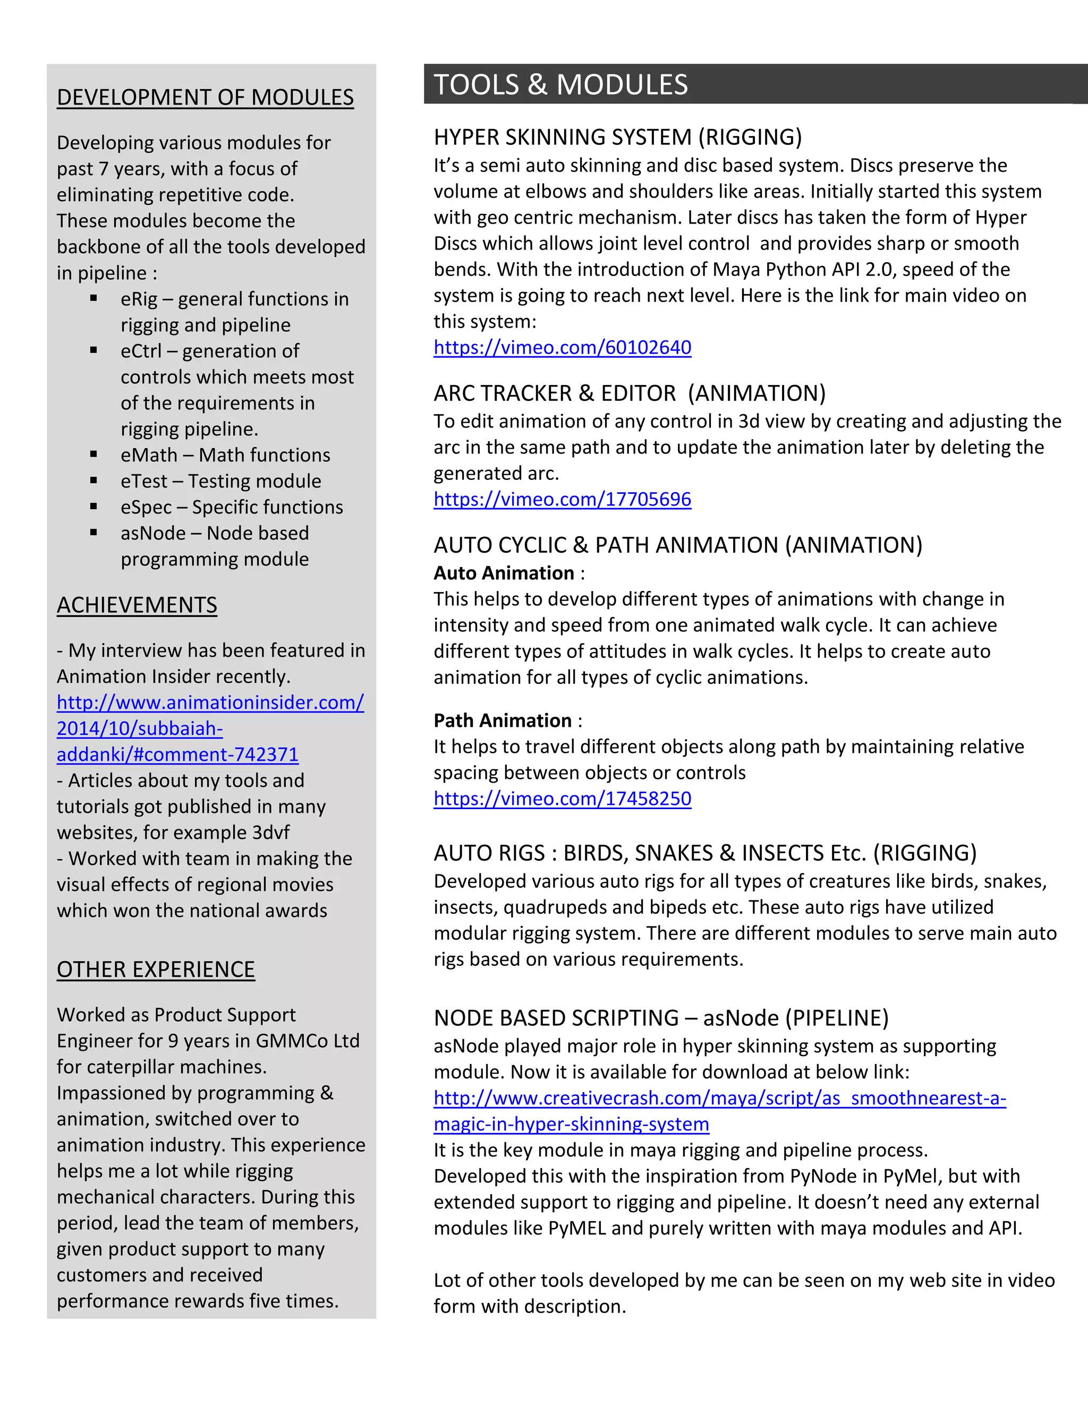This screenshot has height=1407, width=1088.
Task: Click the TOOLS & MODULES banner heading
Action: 561,85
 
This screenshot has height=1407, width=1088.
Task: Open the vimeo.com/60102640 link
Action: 562,347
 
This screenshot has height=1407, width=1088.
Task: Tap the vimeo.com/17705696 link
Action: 562,499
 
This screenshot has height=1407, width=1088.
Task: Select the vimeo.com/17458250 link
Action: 562,799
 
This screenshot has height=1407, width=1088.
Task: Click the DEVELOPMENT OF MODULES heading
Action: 205,97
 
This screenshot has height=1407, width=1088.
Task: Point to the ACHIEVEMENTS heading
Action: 137,605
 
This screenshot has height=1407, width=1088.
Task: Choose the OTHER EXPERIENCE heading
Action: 155,970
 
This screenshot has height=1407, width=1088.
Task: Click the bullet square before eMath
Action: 94,454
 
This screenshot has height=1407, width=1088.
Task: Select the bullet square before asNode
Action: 94,532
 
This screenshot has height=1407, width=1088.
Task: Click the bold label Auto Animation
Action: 504,573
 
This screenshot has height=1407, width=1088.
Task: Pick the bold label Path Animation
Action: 502,720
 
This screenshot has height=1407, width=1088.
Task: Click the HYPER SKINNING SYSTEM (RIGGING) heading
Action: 617,137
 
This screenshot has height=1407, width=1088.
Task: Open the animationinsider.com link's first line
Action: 210,702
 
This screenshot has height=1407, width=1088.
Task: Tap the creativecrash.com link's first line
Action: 719,1098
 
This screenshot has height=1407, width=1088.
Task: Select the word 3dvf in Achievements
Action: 271,833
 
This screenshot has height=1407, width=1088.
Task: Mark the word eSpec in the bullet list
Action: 146,507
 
